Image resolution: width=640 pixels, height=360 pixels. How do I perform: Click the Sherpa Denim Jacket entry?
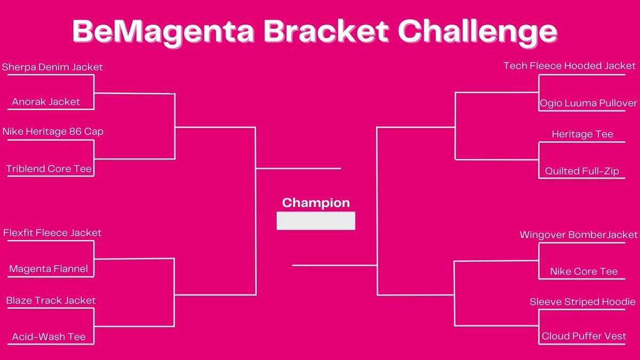coord(52,67)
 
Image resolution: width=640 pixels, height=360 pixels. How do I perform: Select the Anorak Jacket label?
coord(46,102)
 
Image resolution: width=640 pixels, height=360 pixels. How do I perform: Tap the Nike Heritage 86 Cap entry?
coord(53,131)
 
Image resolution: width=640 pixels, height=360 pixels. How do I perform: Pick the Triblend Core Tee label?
coord(49,169)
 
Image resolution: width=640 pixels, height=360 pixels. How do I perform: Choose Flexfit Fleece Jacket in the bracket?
coord(52,233)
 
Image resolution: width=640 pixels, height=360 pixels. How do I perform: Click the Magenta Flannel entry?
coord(49,269)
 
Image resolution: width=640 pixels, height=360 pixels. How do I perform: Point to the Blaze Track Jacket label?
coord(51,301)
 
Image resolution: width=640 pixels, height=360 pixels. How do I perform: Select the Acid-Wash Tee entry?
coord(49,337)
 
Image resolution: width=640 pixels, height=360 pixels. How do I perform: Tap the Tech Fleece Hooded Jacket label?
coord(570,66)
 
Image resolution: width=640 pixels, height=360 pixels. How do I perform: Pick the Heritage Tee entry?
coord(582,134)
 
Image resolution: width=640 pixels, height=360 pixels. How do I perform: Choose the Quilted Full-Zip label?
coord(582,171)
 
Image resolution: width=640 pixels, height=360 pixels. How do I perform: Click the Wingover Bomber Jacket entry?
coord(579,235)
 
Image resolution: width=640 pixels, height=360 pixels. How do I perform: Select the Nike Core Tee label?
coord(583,271)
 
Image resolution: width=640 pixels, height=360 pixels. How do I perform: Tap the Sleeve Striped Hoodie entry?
coord(582,302)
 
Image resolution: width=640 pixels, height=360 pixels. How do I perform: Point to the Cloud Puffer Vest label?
coord(584,337)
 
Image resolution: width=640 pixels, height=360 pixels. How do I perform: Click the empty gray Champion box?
coord(316,221)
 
